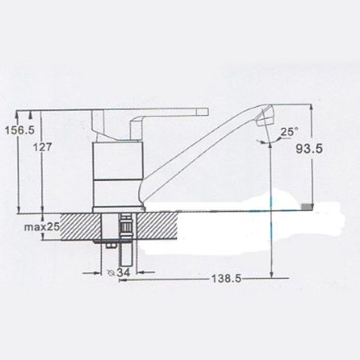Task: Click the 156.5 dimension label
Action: click(x=20, y=130)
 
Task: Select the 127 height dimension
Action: click(x=43, y=147)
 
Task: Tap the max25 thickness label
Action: click(x=42, y=227)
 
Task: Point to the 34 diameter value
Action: click(x=124, y=272)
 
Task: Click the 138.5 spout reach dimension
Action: click(x=226, y=279)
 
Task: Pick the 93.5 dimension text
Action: click(x=309, y=149)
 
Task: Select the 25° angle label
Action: click(x=290, y=132)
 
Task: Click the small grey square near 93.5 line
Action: click(x=307, y=206)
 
